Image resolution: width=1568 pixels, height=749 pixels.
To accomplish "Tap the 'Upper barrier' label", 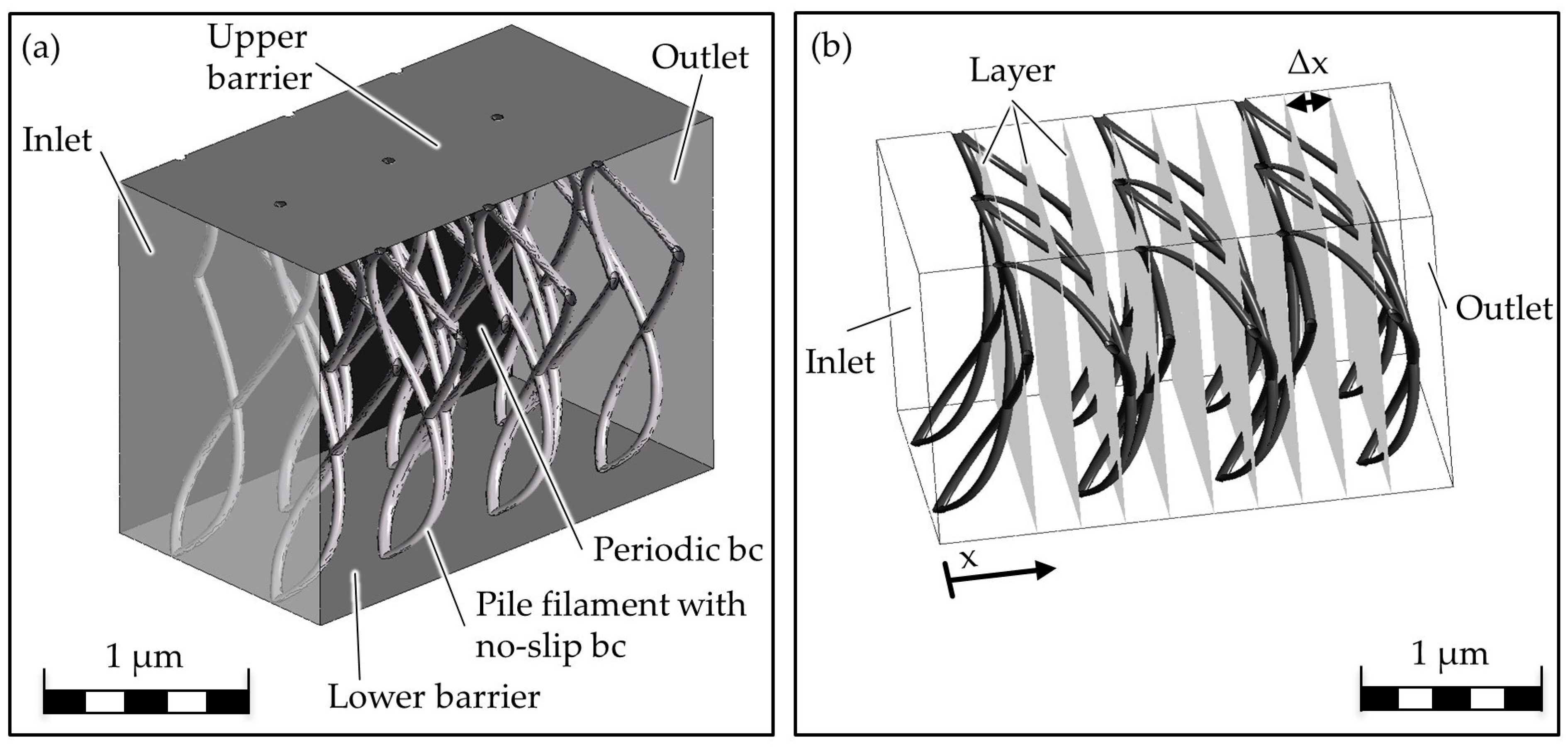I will click(259, 57).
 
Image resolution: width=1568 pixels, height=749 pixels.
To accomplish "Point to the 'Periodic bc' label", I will click(677, 550).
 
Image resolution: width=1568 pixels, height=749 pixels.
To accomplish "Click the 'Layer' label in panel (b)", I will click(1012, 71).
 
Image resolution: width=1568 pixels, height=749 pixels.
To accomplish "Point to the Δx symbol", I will click(1308, 63).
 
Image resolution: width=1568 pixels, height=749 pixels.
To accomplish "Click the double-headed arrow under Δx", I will click(1309, 102).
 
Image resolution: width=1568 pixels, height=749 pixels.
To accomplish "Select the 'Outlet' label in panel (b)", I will click(1503, 309).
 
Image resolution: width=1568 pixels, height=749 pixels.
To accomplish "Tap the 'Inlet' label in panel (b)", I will click(840, 362).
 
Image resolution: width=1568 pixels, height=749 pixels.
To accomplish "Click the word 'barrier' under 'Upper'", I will click(260, 78).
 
